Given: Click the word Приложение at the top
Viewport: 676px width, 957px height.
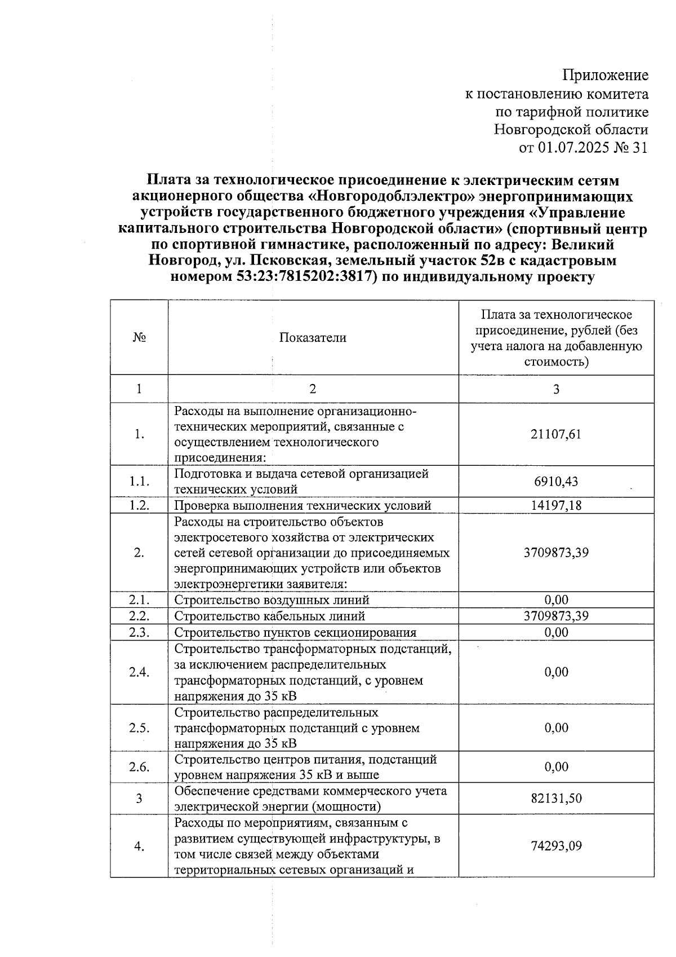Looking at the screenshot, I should [606, 75].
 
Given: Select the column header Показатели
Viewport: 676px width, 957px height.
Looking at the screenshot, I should [313, 338].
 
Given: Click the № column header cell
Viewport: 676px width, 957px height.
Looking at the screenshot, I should [139, 338].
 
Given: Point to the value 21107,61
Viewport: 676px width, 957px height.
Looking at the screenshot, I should [556, 434].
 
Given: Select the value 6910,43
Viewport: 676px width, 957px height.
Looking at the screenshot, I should [556, 482].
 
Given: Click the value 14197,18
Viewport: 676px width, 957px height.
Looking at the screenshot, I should [556, 505].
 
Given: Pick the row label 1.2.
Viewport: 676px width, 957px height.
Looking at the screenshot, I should [139, 505].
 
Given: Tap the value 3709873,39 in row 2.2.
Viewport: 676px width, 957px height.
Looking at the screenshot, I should [556, 616].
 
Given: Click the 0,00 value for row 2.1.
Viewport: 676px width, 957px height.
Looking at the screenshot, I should [556, 600].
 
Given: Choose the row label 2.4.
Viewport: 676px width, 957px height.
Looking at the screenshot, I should [139, 672].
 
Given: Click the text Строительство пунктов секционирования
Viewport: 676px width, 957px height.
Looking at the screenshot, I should [295, 632].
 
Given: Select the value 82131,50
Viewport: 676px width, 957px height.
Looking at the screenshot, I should [556, 799].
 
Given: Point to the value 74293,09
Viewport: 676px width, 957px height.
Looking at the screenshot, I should [556, 846].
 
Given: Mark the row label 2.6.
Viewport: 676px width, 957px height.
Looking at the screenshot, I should [139, 767].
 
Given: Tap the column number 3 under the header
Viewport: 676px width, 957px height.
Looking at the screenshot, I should [556, 389].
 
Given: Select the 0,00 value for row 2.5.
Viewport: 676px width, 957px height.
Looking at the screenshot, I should [556, 727].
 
